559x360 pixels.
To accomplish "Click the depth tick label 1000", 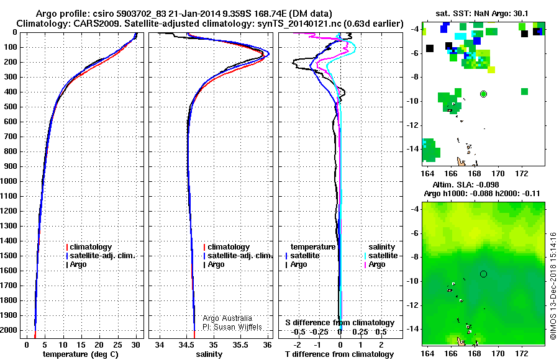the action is coord(9,181).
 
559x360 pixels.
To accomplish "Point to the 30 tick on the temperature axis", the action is coord(135,344).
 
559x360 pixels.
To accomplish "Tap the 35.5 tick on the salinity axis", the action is coord(240,344).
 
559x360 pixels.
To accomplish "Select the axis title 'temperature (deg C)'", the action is coord(81,354).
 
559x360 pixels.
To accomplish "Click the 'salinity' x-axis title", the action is coord(209,354).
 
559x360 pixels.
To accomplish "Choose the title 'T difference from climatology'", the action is coord(339,354).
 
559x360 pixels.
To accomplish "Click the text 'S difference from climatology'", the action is coord(340,323).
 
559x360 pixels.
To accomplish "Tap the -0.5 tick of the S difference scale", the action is coord(298,332).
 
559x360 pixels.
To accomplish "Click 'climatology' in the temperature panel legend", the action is coord(91,247).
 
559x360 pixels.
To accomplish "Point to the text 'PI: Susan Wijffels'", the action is coord(232,327).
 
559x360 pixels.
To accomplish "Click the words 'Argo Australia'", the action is coord(227,318).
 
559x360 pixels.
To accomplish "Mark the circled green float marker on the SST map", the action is coord(483,94).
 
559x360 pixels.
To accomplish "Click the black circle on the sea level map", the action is coord(483,274).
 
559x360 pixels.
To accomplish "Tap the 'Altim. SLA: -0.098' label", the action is coord(466,185).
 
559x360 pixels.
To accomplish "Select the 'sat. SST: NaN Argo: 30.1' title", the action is coord(481,14).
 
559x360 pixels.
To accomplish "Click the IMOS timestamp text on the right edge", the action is coord(553,286).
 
